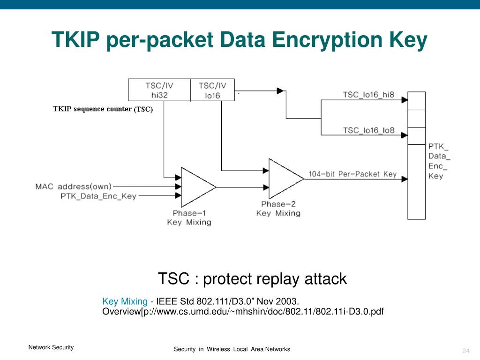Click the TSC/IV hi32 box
coord(159,90)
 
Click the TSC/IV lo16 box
coord(212,90)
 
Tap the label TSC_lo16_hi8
coord(368,95)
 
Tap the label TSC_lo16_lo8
coord(368,130)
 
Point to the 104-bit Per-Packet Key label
coord(352,174)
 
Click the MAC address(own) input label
coord(74,187)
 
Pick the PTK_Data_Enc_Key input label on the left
coord(98,196)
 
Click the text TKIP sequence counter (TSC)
coord(103,109)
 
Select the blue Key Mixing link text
coord(125,301)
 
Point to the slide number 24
coord(465,352)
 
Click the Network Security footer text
coord(51,347)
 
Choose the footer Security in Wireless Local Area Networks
coord(232,349)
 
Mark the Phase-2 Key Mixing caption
coord(278,209)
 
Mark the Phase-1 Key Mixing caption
coord(189,218)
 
